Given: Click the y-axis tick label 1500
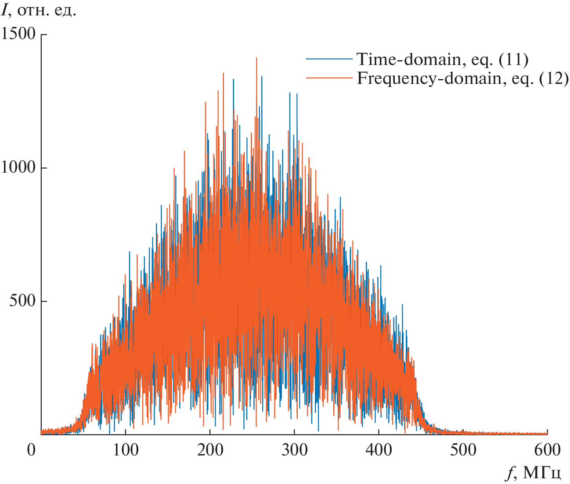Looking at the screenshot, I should click(x=18, y=34).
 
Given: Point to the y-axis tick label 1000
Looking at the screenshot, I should click(x=18, y=167).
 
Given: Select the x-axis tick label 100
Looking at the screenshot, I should click(x=125, y=450).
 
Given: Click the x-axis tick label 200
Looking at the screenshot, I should click(x=210, y=450).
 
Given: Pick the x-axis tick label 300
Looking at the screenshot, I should click(x=294, y=450).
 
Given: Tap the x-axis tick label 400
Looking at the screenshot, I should click(x=379, y=450).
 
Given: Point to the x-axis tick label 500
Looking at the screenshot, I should click(x=463, y=450).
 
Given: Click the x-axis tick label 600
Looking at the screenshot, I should click(x=547, y=450).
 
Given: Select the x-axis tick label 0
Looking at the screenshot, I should click(x=31, y=450).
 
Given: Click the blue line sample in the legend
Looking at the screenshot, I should click(x=329, y=59).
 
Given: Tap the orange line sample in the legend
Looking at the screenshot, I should click(x=329, y=78).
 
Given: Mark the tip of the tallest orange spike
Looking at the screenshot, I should click(x=256, y=58).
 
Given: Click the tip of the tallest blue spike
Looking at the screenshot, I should click(x=262, y=76).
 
